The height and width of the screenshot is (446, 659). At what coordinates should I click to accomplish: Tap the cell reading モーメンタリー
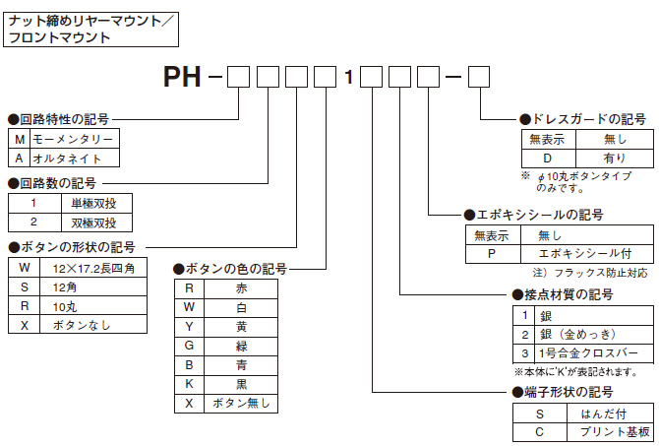[74, 140]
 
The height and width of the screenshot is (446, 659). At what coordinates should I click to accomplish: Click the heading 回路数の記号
[56, 183]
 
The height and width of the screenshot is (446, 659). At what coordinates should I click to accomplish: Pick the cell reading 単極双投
[94, 202]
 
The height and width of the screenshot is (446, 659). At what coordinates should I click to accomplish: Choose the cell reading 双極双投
[94, 221]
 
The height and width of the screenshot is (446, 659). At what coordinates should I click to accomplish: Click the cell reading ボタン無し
[241, 403]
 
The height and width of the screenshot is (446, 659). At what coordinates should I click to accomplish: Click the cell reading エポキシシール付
[578, 252]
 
